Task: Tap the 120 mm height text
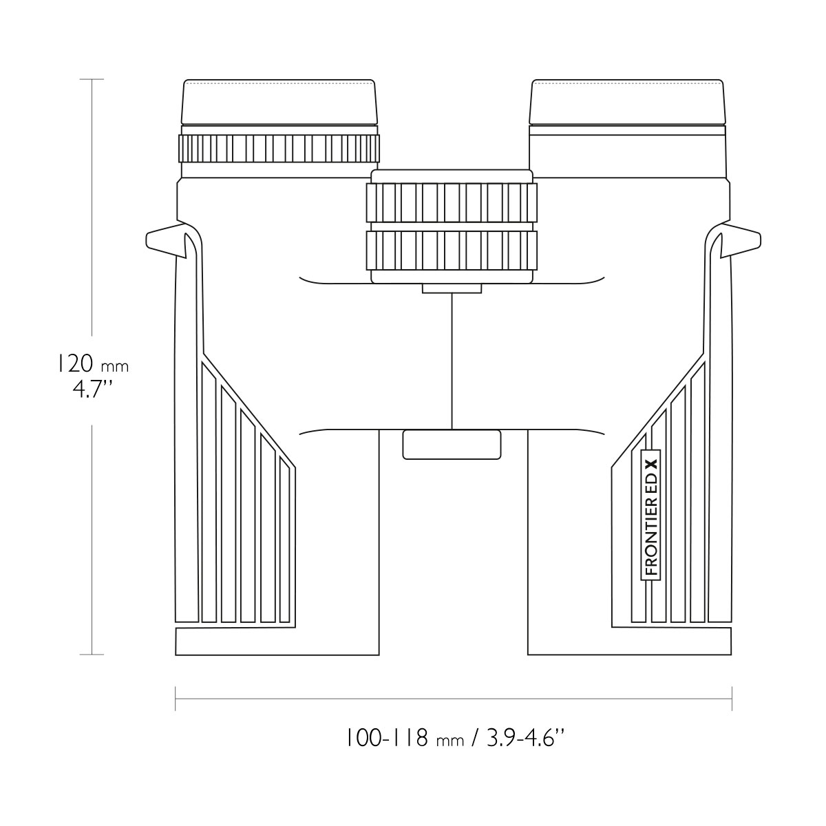coord(93,364)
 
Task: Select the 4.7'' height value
coord(93,390)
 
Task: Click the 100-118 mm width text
coord(405,738)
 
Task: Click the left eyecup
coord(279,102)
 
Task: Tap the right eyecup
coord(627,102)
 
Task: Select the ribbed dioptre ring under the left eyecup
coord(279,148)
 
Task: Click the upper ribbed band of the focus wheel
coord(452,202)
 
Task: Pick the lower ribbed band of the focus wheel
coord(452,251)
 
